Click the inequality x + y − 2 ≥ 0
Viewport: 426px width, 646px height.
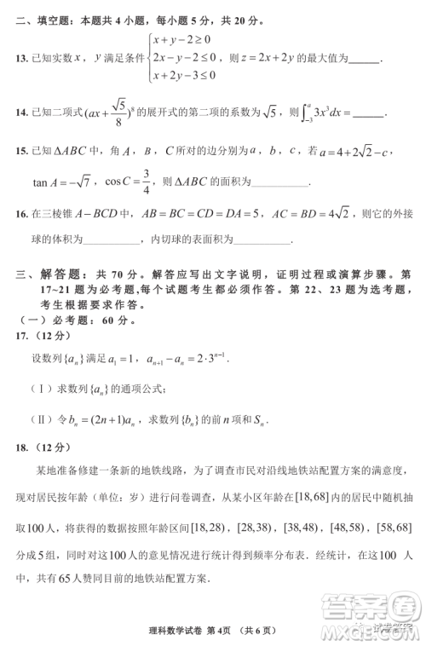click(182, 39)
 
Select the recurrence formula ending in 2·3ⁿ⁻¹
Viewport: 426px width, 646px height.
click(186, 359)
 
